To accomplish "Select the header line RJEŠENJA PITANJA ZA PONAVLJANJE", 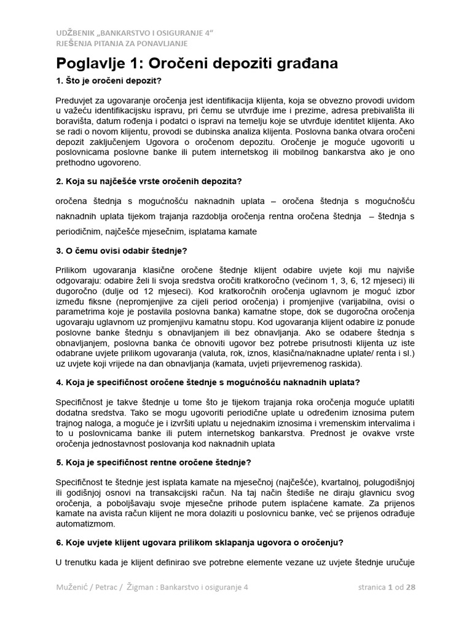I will tap(122, 43).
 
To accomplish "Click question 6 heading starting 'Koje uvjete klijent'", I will tap(199, 542).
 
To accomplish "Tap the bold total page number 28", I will tap(411, 587).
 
